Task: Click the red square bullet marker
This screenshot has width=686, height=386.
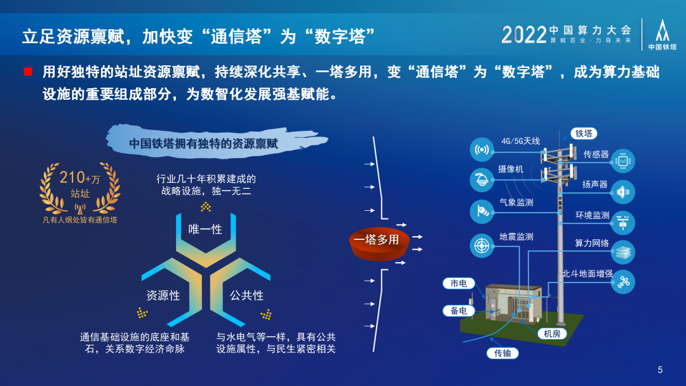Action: [28, 72]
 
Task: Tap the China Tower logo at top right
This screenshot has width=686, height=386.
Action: [662, 34]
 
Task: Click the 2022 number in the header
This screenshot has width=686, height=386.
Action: [524, 34]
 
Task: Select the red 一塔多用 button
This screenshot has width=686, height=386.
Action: [379, 244]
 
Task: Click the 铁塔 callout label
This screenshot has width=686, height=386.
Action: [584, 133]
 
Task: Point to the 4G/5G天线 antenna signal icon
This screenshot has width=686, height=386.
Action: [481, 149]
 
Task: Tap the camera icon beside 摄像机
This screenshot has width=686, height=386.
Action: [481, 180]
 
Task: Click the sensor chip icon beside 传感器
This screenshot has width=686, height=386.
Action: [622, 161]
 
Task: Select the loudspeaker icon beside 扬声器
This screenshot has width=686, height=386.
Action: [622, 192]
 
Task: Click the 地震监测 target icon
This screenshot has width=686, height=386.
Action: [481, 246]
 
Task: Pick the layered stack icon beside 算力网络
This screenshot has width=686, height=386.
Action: [622, 252]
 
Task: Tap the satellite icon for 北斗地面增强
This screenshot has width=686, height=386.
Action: [622, 281]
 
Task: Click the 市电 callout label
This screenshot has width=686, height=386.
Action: [459, 283]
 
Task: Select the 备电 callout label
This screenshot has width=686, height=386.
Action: [459, 311]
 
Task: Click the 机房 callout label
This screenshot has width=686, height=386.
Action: [552, 334]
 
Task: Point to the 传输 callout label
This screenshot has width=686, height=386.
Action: [502, 353]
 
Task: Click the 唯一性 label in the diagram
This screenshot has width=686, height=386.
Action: [205, 229]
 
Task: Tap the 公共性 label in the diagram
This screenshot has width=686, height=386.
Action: [246, 295]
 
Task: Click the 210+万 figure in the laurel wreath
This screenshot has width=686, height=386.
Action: [79, 178]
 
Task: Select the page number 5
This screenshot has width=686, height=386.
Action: [660, 370]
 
